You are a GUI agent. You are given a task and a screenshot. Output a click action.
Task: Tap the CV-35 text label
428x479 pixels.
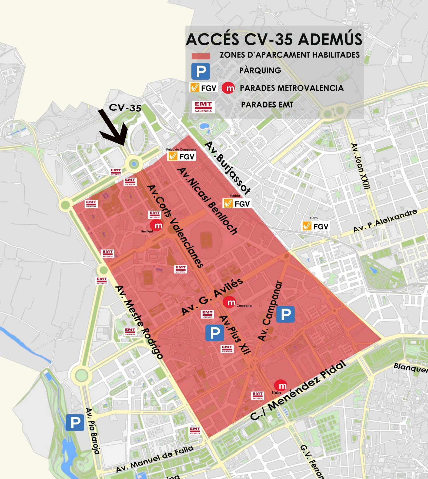click(x=125, y=108)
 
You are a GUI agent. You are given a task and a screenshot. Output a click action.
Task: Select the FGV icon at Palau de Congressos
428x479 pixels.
click(x=182, y=156)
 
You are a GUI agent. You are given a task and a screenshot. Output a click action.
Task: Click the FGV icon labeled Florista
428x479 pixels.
click(x=237, y=203)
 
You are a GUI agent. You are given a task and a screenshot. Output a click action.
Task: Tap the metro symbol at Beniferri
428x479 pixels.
click(x=156, y=225)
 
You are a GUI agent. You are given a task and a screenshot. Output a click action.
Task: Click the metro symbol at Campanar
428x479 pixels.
click(x=229, y=302)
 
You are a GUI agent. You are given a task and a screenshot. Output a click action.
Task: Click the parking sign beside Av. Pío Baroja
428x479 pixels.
click(x=75, y=423)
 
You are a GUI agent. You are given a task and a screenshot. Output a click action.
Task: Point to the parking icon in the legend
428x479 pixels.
click(x=200, y=71)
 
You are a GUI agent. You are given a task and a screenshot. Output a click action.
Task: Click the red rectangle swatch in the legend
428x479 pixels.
click(x=201, y=56)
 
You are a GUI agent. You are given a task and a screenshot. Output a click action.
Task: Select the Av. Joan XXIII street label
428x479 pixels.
click(x=360, y=166)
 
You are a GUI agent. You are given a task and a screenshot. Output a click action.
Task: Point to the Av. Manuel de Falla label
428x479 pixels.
click(x=155, y=459)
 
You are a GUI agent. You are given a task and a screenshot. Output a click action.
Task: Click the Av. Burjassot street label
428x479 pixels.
click(x=228, y=168)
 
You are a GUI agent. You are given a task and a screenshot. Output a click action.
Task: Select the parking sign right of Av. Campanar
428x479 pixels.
click(x=285, y=314)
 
